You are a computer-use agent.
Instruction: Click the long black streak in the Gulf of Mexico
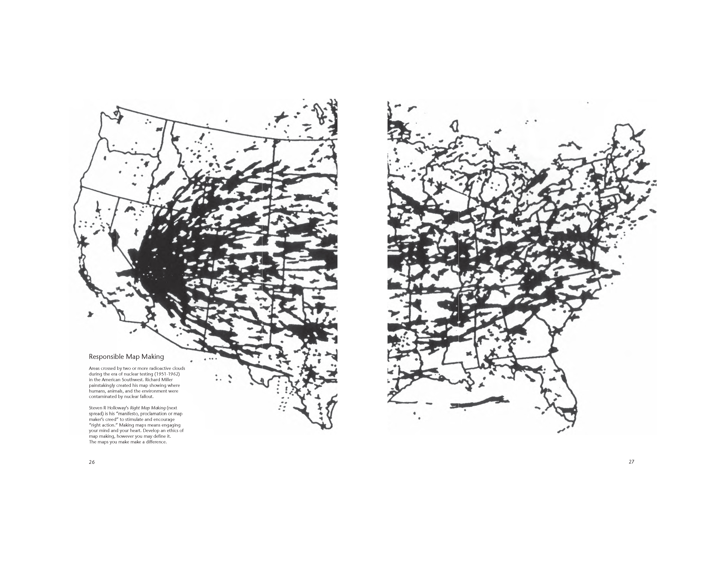[x=478, y=404]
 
